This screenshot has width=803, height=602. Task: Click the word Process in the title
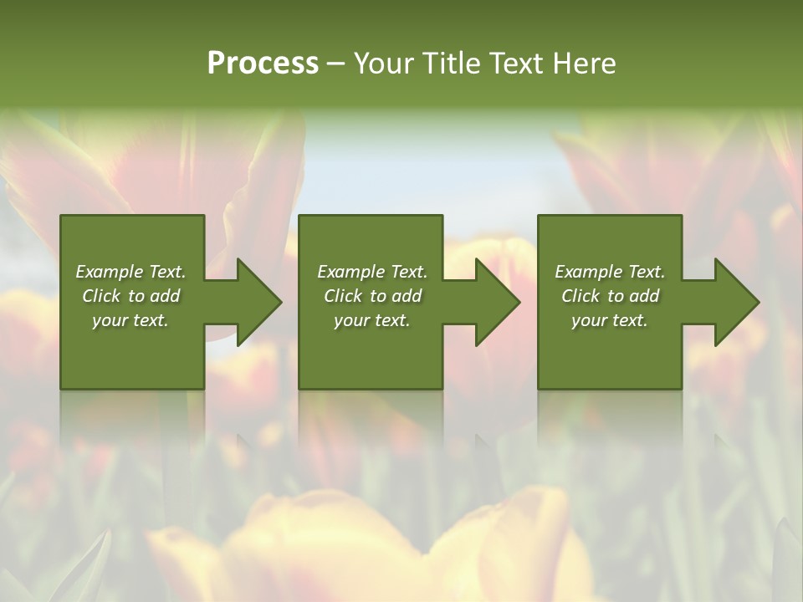[x=263, y=64]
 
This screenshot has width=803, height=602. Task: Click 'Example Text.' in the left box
[x=130, y=272]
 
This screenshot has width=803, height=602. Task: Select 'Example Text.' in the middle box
[x=372, y=272]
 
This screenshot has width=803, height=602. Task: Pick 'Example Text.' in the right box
[x=610, y=272]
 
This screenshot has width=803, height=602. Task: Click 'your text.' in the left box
[x=130, y=320]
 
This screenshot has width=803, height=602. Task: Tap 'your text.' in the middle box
[x=372, y=320]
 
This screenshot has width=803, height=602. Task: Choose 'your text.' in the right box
[x=610, y=320]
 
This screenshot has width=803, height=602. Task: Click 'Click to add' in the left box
[x=130, y=296]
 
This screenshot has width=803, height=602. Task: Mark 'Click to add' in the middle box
[x=372, y=296]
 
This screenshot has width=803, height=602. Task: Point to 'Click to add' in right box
[x=610, y=296]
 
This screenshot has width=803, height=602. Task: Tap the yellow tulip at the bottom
[x=368, y=552]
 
